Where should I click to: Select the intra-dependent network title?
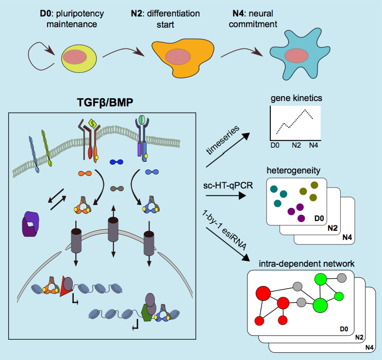click(301, 263)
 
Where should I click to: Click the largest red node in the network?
click(263, 293)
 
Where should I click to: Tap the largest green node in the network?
click(320, 305)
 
